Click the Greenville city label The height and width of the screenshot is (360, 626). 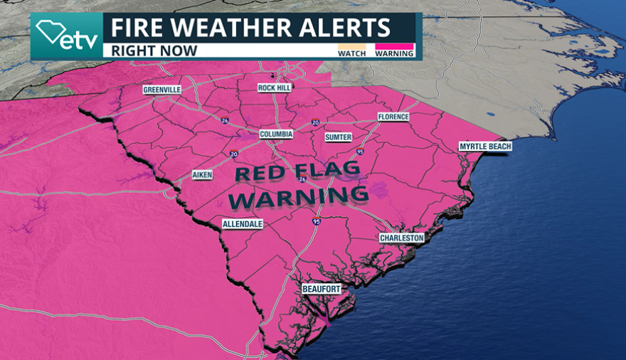162,90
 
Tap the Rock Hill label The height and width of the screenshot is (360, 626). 275,88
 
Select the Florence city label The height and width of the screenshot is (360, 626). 393,117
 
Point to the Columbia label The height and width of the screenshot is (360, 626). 276,134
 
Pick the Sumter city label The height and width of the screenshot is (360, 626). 338,137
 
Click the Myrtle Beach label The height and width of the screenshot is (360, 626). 485,147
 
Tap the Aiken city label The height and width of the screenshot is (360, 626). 202,175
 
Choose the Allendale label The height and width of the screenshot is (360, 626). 243,223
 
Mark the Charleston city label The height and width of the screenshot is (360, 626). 401,238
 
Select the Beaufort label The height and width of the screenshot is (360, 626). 321,289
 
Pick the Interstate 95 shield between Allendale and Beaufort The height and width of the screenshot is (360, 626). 316,222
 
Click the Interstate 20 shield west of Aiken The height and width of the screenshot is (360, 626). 233,154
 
